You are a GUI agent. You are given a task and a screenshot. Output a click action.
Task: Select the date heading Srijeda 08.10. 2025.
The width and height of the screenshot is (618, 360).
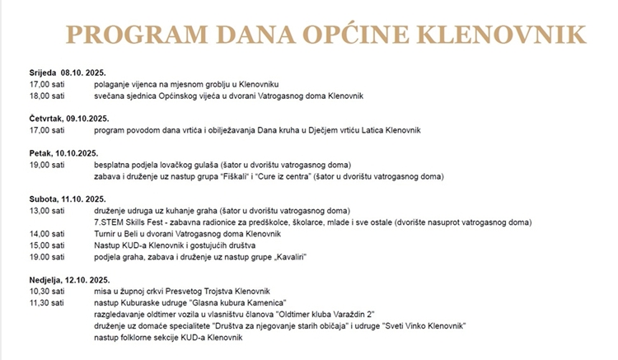coord(68,72)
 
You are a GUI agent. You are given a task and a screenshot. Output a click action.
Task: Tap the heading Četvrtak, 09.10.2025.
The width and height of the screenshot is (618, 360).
coord(69,119)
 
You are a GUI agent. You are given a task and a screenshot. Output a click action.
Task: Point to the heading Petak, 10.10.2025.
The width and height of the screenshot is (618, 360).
coord(63,153)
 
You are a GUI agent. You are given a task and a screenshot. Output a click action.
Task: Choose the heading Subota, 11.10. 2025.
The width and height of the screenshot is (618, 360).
coord(68,199)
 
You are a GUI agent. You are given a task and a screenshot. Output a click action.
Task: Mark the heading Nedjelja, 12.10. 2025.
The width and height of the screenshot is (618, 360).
coord(72,280)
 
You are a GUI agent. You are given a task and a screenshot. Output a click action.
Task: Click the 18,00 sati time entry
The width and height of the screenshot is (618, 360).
coord(47,96)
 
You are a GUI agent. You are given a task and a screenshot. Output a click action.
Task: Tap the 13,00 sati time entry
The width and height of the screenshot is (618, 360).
coord(47,210)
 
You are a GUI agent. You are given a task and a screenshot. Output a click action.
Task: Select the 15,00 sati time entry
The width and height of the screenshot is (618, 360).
coord(47,245)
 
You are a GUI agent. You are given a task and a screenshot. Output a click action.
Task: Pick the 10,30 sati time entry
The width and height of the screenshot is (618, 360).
coord(47,292)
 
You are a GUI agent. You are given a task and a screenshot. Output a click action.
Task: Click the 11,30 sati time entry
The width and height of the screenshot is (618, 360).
coord(47,303)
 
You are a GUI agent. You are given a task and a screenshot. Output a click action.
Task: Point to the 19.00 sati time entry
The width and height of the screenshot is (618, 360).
coord(47,256)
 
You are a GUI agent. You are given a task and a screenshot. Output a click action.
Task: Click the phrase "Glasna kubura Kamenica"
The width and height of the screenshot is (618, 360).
coord(251,303)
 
